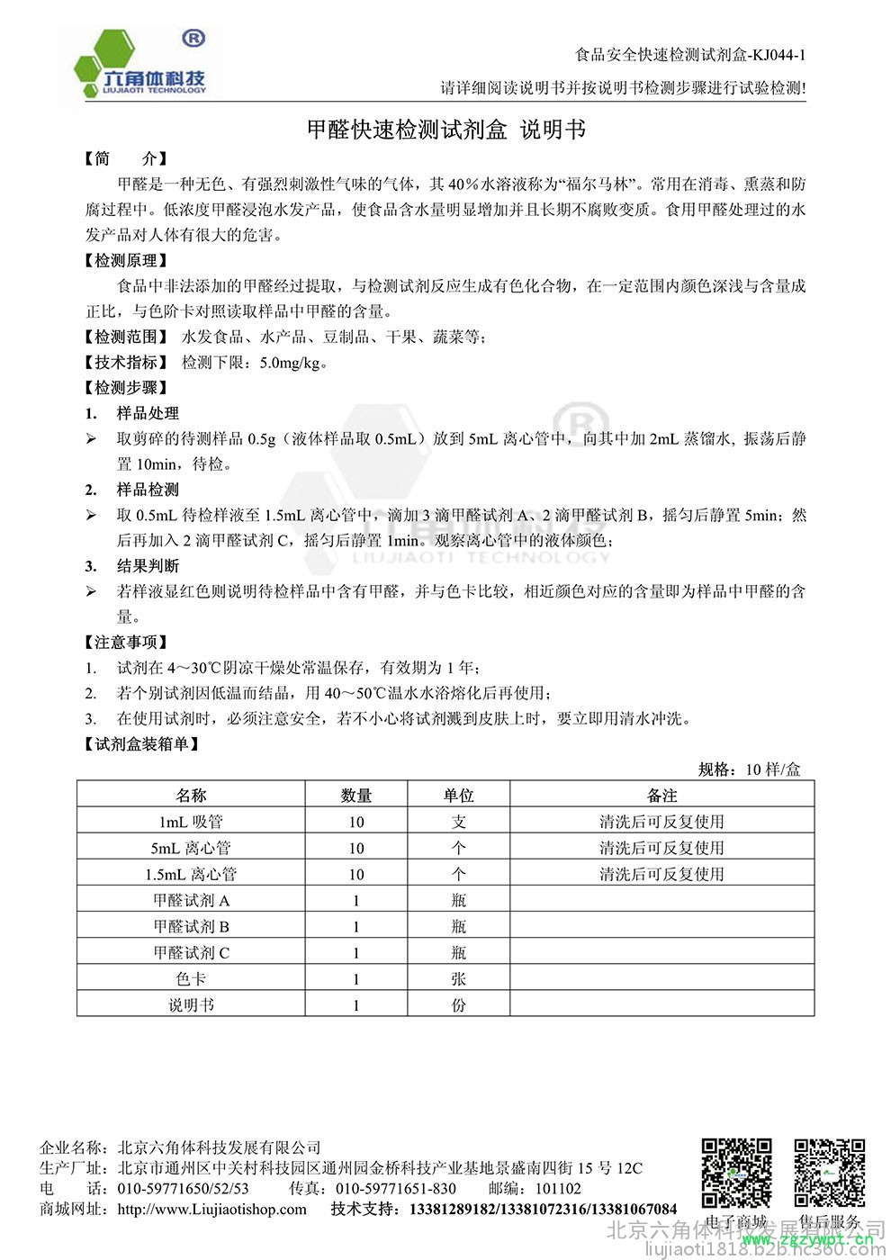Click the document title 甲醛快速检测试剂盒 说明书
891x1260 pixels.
(x=445, y=130)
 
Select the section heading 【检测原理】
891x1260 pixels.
(x=126, y=260)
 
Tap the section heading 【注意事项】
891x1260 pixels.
(x=126, y=642)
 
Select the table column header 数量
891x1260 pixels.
(x=356, y=795)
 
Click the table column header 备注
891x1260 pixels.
(x=661, y=795)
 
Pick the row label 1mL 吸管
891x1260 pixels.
(x=191, y=821)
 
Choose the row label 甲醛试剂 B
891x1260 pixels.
(x=191, y=926)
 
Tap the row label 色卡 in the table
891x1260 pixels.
(x=191, y=978)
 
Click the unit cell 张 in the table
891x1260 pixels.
(x=458, y=978)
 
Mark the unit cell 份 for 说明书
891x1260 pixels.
(x=458, y=1004)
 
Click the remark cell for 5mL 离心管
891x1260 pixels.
(x=661, y=847)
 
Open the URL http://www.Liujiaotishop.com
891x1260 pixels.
(x=212, y=1209)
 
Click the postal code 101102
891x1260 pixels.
(x=558, y=1188)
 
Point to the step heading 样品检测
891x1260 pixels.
(x=148, y=490)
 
